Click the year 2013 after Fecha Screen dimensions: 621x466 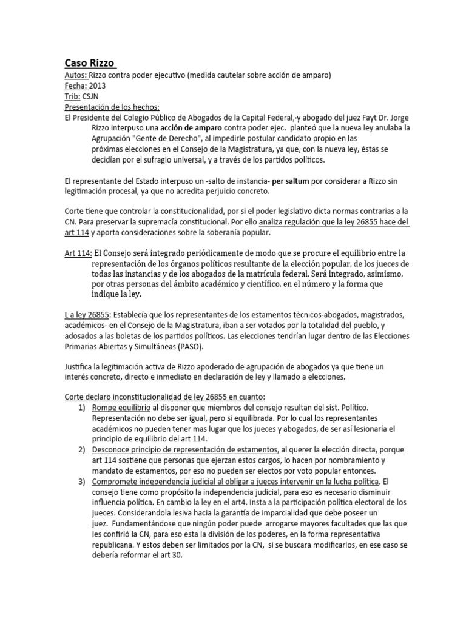[x=97, y=85]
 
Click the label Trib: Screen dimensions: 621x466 [x=72, y=96]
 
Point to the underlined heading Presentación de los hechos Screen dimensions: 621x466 [x=116, y=107]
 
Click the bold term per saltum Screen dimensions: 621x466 [x=292, y=181]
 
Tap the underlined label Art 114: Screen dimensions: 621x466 [x=78, y=252]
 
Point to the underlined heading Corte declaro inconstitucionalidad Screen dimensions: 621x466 [x=164, y=397]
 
